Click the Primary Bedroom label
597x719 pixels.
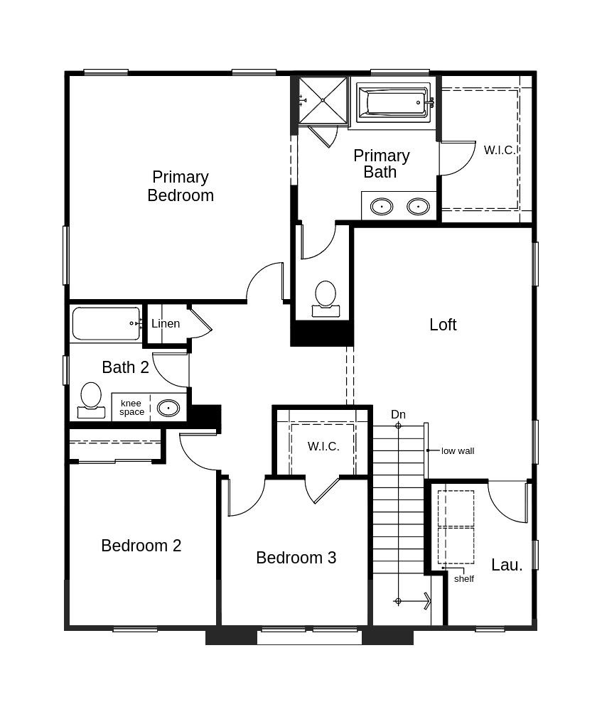[181, 186]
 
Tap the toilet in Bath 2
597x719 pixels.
[91, 400]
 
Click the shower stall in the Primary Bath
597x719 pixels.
[323, 100]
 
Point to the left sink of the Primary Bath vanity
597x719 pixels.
[382, 207]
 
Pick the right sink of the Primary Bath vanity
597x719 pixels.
[418, 207]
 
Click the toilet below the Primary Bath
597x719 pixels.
[326, 298]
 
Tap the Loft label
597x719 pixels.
[443, 325]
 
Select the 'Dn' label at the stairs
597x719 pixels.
[398, 415]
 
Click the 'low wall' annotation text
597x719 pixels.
[458, 450]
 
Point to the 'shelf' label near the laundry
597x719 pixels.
[464, 578]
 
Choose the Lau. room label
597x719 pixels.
[507, 565]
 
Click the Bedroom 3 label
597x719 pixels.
[296, 558]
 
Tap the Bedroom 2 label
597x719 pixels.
[141, 546]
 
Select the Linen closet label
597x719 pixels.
[166, 324]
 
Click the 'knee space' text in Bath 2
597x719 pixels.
[131, 408]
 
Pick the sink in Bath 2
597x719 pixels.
[168, 408]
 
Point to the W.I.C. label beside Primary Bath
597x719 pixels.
[499, 150]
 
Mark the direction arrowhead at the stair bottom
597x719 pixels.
[426, 601]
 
